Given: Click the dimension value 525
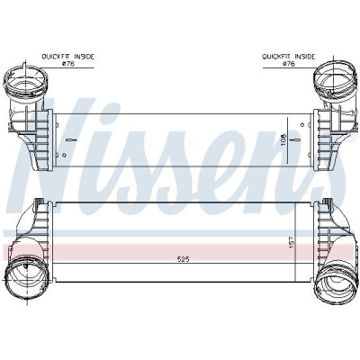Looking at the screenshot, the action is click(x=183, y=259).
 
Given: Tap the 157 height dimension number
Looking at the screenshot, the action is click(x=290, y=242).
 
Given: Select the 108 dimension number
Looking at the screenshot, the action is click(x=283, y=139).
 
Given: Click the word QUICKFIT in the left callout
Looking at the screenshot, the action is click(x=54, y=57).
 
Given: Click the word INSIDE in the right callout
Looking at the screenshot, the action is click(x=304, y=57).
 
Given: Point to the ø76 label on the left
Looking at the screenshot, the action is click(x=67, y=64).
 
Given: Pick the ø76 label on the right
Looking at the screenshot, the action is click(x=289, y=64).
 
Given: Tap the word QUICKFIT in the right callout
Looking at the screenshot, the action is click(x=274, y=57).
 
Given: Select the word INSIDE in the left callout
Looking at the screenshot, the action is click(x=84, y=57).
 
